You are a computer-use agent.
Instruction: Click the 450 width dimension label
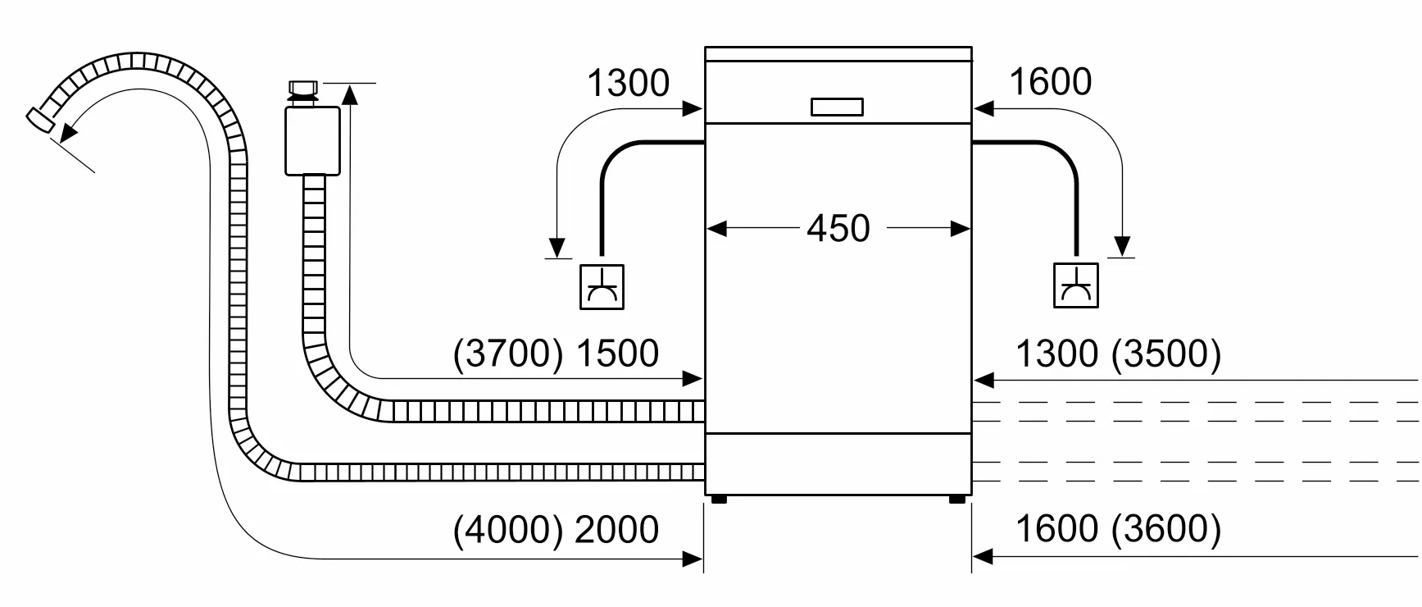point(838,228)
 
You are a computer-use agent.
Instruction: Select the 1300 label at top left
point(628,83)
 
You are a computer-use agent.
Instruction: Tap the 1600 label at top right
point(1050,82)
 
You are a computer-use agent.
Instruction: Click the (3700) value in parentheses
point(508,354)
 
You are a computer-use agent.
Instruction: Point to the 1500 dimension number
point(617,354)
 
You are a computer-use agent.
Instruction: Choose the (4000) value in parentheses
point(508,530)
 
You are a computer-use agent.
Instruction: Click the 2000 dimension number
point(616,530)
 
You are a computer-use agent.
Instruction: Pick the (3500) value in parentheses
point(1166,354)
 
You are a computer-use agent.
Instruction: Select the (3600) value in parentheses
point(1166,529)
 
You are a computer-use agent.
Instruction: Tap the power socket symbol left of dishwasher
point(602,287)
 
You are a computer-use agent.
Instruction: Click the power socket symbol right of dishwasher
point(1075,285)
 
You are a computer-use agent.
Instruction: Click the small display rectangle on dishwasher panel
point(837,107)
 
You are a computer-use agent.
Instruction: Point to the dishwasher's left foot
point(719,499)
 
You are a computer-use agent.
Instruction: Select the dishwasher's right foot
point(956,499)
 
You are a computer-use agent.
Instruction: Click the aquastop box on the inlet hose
point(312,140)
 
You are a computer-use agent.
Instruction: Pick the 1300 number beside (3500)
point(1056,354)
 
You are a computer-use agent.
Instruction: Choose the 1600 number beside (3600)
point(1056,529)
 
